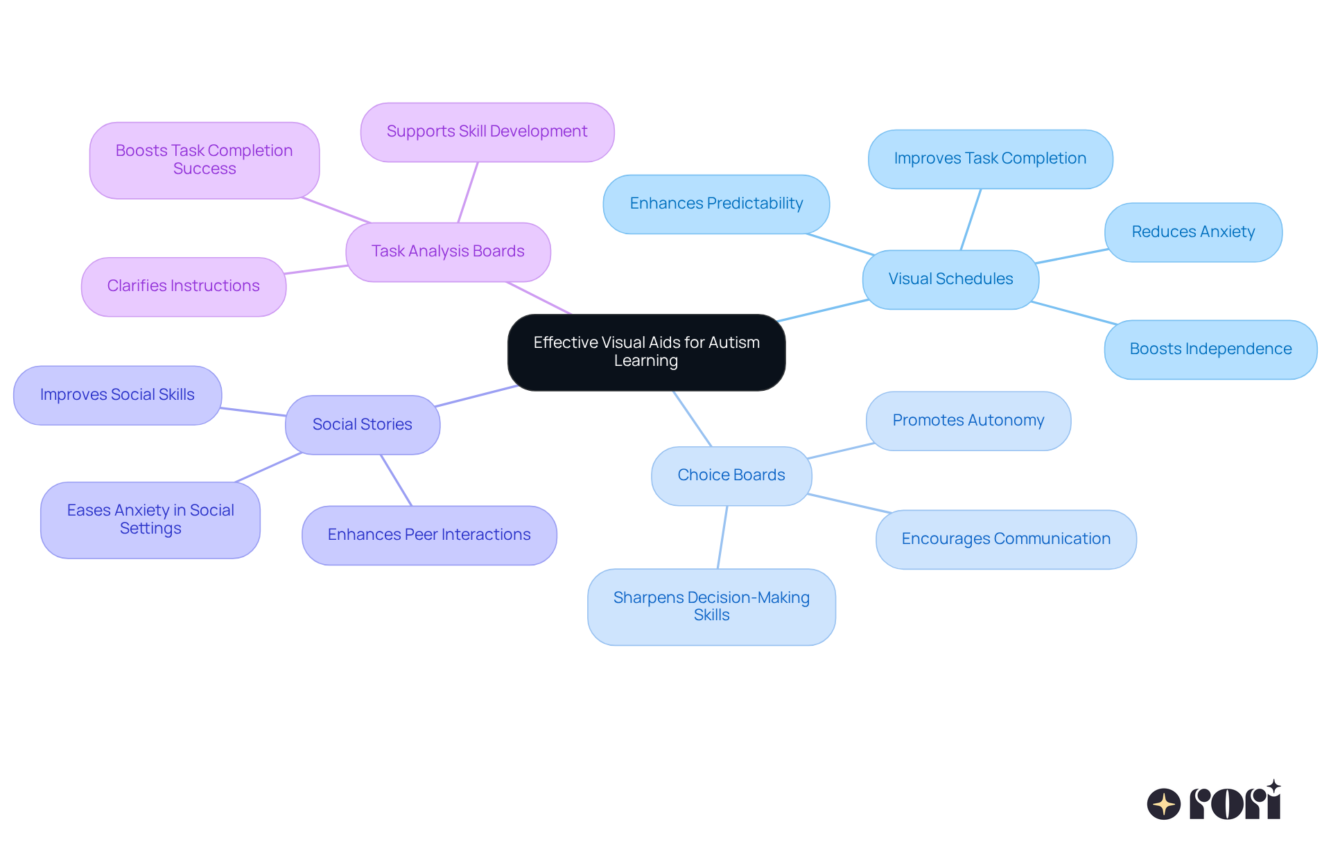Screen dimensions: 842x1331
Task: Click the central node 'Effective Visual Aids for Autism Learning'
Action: tap(646, 352)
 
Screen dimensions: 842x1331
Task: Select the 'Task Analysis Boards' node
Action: tap(448, 252)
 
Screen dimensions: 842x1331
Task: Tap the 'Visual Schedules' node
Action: tap(950, 279)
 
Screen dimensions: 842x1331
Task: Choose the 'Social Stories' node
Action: tap(363, 425)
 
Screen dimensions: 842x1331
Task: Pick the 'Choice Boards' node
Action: tap(731, 475)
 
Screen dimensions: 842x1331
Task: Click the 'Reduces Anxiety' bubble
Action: tap(1193, 232)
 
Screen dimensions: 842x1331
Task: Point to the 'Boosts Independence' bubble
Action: tap(1210, 349)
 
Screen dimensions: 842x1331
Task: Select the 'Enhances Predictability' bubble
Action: tap(716, 204)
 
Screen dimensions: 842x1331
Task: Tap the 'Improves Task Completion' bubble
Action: tap(990, 159)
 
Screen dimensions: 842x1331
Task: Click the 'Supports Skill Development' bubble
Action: tap(487, 132)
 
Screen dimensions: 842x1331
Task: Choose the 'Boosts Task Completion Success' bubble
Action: tap(205, 160)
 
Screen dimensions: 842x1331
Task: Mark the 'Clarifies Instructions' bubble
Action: tap(184, 286)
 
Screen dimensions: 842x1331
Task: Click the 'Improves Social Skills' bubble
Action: tap(117, 395)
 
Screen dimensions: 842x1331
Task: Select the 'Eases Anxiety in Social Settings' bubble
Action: tap(150, 520)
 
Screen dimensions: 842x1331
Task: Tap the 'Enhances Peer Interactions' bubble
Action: tap(429, 535)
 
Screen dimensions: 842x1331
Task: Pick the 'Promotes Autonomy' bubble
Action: tap(968, 421)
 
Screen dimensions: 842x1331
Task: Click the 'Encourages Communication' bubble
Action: tap(1006, 539)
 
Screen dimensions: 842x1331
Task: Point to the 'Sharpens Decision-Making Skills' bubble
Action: tap(711, 607)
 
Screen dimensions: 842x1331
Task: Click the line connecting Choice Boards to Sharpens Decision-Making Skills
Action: tap(722, 537)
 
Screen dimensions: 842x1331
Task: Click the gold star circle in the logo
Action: tap(1164, 804)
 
